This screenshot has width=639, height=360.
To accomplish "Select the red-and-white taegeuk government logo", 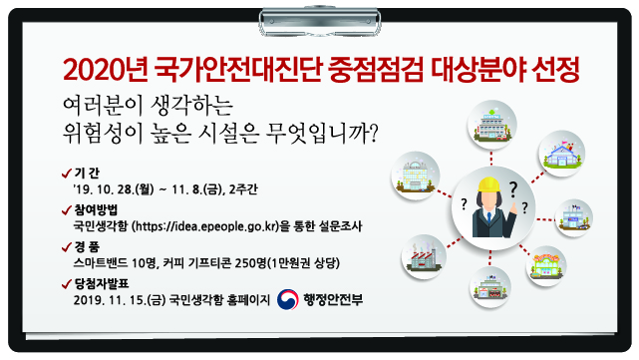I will pos(288,298).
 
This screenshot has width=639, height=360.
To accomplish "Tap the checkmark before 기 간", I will pos(66,172).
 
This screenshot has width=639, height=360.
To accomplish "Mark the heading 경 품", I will pos(89,247).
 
